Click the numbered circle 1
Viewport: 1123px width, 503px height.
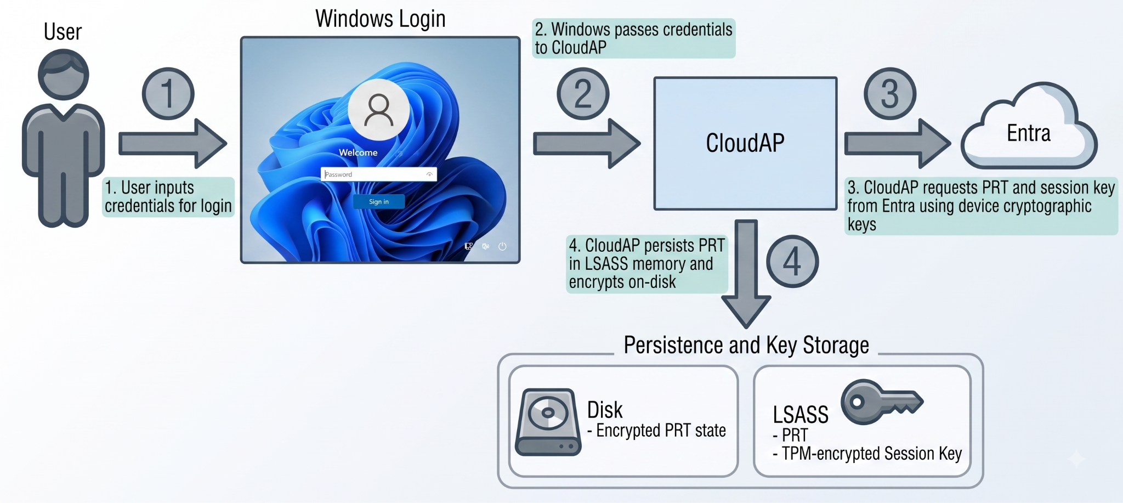coord(168,94)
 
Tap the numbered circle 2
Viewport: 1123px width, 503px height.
coord(583,94)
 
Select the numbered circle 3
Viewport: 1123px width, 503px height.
coord(890,94)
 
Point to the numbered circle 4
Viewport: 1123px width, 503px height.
coord(792,262)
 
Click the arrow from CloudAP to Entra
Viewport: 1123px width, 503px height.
coord(898,144)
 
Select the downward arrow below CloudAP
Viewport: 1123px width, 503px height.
coord(746,274)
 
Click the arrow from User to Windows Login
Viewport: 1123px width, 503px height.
coord(173,144)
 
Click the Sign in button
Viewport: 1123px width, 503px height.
coord(378,201)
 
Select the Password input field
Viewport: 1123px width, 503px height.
coord(378,174)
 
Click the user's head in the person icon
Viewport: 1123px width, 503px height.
coord(63,75)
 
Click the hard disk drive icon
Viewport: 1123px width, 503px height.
coord(548,422)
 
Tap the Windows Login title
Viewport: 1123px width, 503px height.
coord(380,19)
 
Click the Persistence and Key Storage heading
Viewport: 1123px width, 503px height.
coord(746,345)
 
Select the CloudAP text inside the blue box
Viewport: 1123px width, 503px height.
coord(745,143)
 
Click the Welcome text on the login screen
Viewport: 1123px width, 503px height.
coord(358,152)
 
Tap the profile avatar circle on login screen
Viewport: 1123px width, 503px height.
coord(378,110)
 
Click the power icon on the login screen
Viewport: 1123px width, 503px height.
coord(502,246)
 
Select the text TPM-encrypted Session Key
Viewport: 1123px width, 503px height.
coord(872,454)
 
